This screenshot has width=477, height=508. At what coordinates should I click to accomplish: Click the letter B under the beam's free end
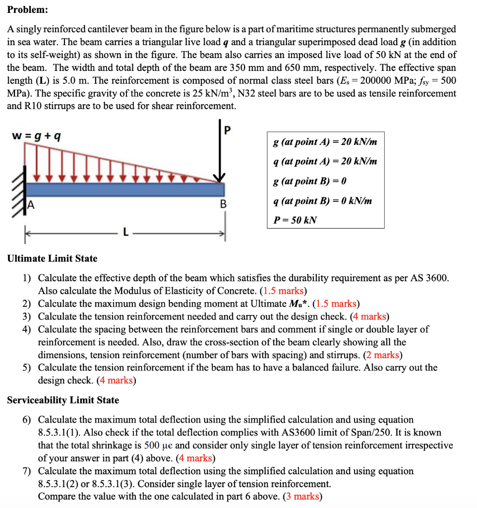[223, 204]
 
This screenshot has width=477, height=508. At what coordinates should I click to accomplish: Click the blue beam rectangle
[124, 190]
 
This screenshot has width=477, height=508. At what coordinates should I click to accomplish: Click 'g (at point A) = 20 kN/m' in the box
[325, 142]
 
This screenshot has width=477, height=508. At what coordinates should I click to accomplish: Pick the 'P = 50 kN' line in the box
[295, 220]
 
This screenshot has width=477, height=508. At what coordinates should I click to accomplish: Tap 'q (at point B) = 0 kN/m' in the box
[322, 200]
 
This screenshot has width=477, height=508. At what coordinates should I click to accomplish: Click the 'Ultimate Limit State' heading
[52, 258]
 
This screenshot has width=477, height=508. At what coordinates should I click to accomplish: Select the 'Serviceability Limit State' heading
[63, 400]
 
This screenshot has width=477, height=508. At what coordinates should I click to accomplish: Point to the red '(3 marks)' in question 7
[302, 497]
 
